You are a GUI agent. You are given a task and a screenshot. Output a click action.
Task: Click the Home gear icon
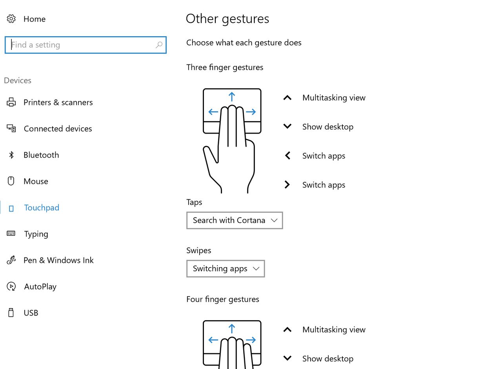(11, 19)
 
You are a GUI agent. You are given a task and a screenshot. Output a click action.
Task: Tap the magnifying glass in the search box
(159, 45)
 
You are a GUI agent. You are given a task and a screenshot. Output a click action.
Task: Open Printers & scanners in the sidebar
(58, 103)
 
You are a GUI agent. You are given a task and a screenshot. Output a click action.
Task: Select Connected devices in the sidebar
(58, 129)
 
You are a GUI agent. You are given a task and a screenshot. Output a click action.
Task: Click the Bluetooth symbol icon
(11, 155)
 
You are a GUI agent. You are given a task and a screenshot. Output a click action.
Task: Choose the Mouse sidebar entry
(36, 182)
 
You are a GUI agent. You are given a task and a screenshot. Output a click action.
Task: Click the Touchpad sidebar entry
(42, 208)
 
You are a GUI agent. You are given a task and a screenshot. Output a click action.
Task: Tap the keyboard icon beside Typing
(11, 234)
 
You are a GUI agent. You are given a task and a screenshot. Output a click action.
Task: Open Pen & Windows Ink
(58, 261)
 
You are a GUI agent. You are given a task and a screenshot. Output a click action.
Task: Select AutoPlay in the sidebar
(40, 287)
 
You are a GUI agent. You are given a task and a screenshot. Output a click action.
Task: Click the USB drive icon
(11, 313)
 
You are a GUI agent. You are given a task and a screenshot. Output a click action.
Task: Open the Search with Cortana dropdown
(235, 220)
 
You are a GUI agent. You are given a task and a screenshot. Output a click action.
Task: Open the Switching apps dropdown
(226, 269)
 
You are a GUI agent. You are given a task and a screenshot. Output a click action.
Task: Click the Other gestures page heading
(227, 19)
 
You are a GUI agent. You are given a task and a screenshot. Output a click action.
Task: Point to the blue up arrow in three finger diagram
(232, 97)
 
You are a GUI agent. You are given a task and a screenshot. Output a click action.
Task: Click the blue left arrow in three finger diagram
(213, 112)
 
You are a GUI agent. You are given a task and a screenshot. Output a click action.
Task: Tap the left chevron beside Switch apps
(287, 156)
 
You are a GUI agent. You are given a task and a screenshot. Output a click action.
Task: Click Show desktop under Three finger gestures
(327, 127)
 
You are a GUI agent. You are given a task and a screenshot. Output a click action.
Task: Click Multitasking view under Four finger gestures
(334, 330)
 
